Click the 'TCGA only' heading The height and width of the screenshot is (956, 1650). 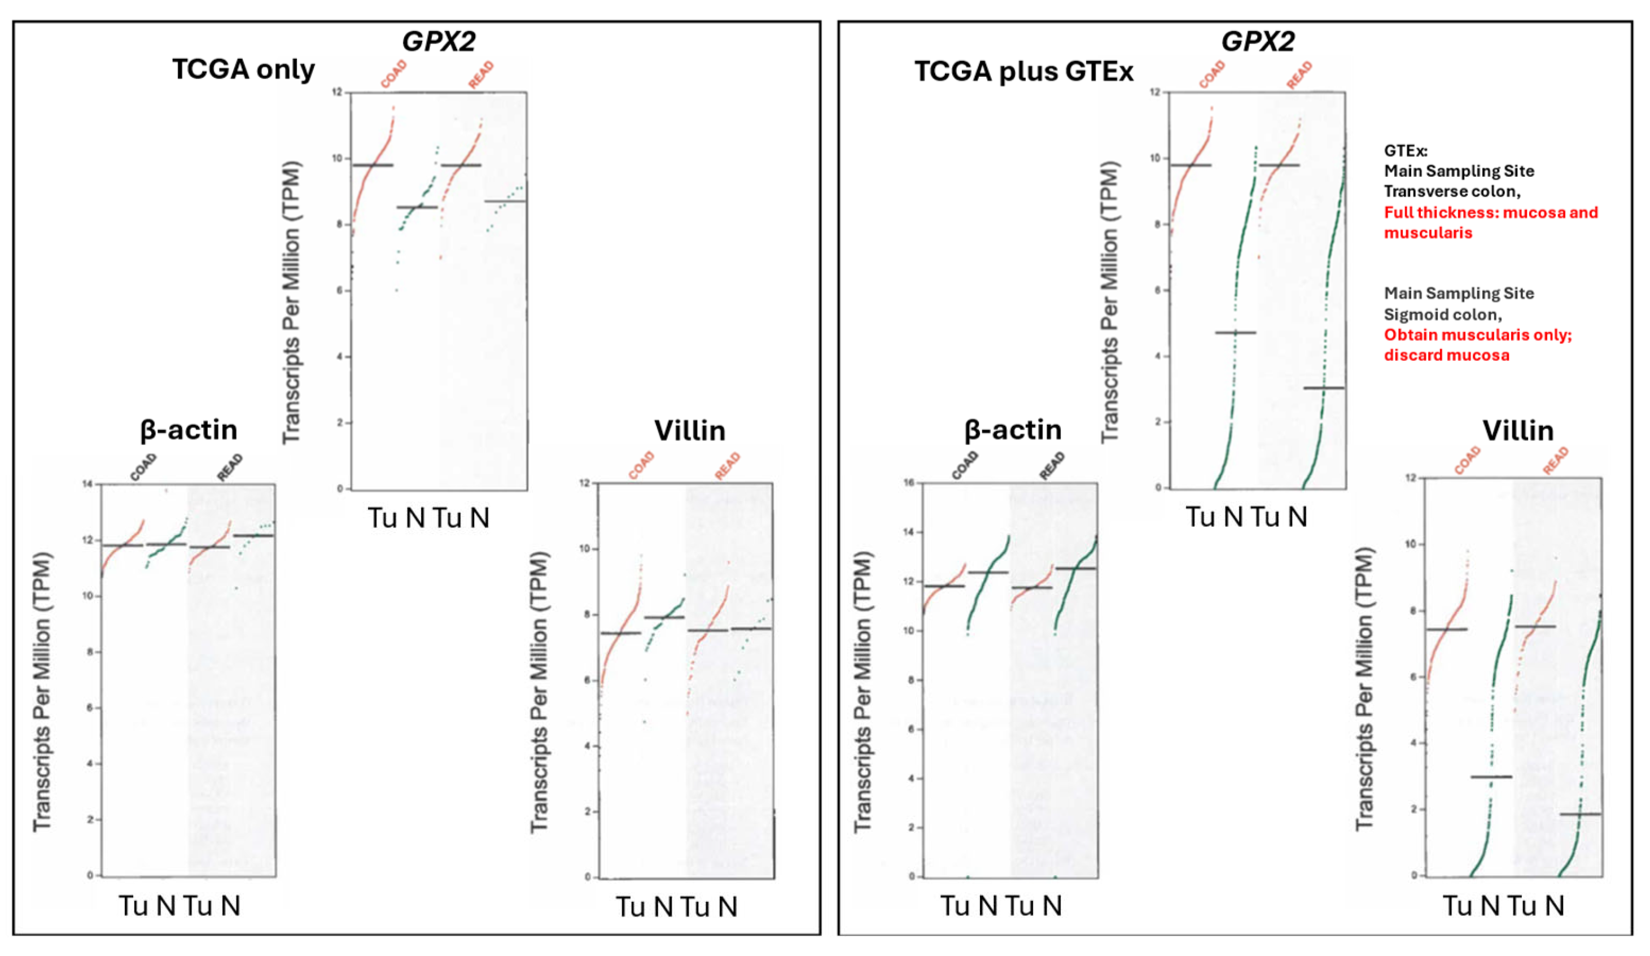[x=243, y=69]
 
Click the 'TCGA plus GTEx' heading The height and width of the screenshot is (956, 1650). [x=1023, y=71]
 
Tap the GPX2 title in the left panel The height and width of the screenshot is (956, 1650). [x=438, y=41]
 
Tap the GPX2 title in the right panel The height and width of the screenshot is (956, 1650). [x=1258, y=41]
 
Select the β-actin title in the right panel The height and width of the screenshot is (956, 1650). [x=1012, y=430]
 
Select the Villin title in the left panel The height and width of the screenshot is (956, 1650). [x=689, y=431]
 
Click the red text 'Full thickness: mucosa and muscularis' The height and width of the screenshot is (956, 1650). [x=1490, y=222]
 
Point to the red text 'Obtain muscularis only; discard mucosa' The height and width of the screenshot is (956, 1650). [x=1477, y=344]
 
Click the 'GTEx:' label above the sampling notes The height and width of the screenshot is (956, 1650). [x=1405, y=151]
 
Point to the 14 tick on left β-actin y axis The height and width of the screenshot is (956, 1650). [x=87, y=484]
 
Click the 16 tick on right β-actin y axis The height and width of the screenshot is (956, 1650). [x=908, y=483]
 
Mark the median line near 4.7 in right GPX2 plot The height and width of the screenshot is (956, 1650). [x=1236, y=333]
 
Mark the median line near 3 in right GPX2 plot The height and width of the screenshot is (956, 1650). [x=1323, y=388]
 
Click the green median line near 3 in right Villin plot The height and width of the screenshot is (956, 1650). [x=1491, y=776]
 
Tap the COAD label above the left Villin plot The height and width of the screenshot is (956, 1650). [x=641, y=465]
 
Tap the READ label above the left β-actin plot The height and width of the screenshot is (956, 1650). [x=230, y=467]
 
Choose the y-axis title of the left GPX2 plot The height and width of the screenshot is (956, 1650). [x=291, y=303]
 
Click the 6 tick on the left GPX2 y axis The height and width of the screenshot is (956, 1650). [x=339, y=291]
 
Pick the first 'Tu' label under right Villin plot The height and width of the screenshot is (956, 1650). [x=1458, y=906]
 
